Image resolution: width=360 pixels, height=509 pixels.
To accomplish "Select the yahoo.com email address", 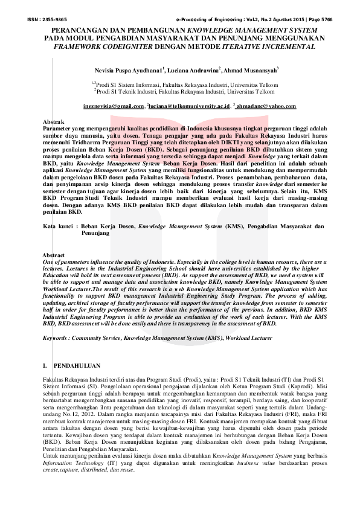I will click(266, 106).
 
